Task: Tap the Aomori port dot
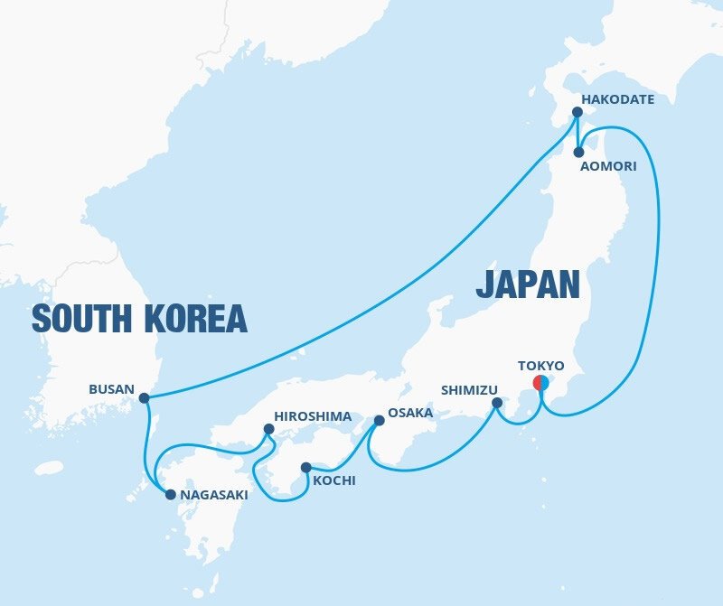pos(577,152)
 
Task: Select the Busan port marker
pos(144,397)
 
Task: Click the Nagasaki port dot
pos(170,494)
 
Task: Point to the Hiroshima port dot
pos(268,430)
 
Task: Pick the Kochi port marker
pos(306,468)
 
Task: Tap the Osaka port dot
pos(380,420)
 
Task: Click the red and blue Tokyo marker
pos(540,382)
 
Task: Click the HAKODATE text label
pos(617,98)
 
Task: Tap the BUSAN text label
pos(110,390)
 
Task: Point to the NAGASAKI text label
pos(213,495)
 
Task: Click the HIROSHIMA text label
pos(312,416)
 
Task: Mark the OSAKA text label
pos(410,413)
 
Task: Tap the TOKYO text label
pos(540,366)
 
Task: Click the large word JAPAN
pos(527,284)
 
